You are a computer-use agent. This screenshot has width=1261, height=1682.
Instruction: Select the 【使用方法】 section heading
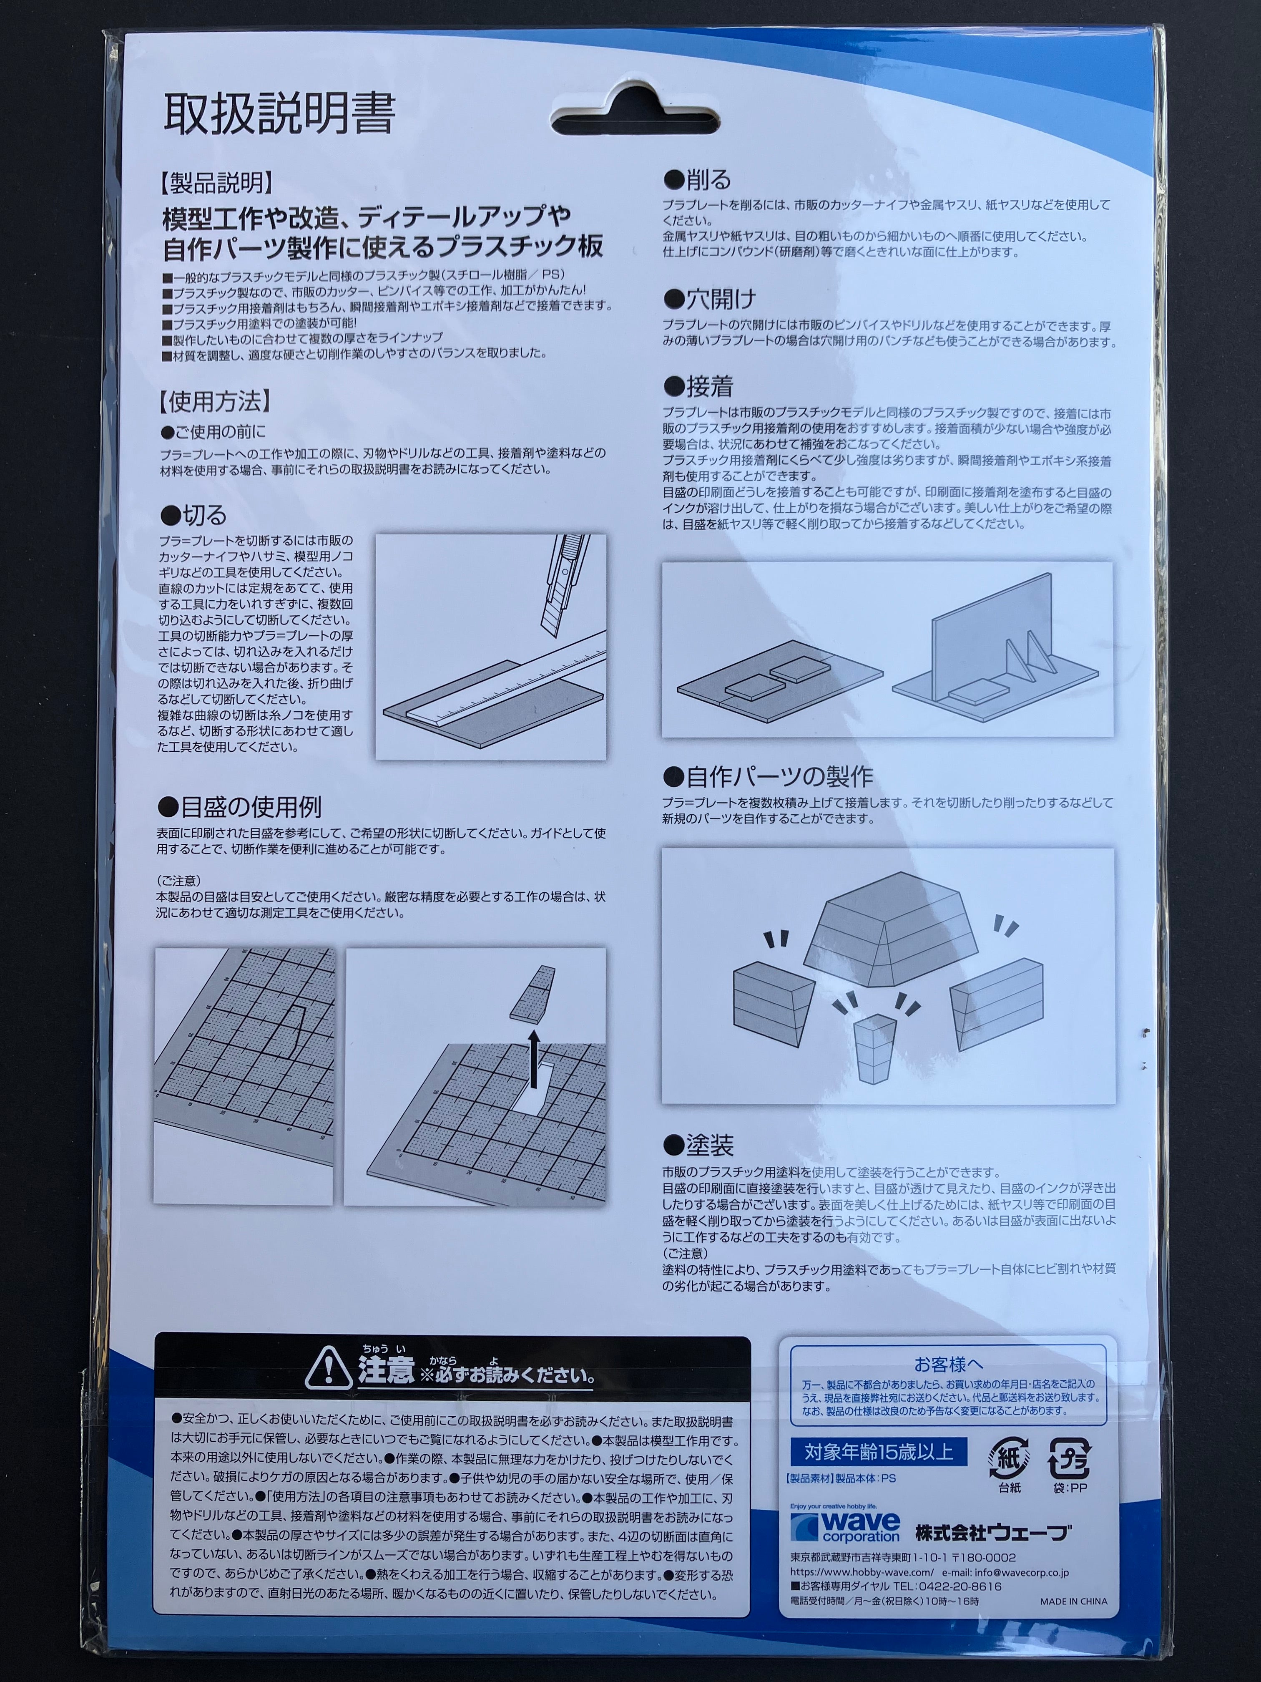[x=215, y=401]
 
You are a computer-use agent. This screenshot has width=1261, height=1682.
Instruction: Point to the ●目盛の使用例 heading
[x=240, y=806]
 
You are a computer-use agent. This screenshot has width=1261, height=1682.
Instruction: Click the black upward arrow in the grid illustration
[x=534, y=1053]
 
